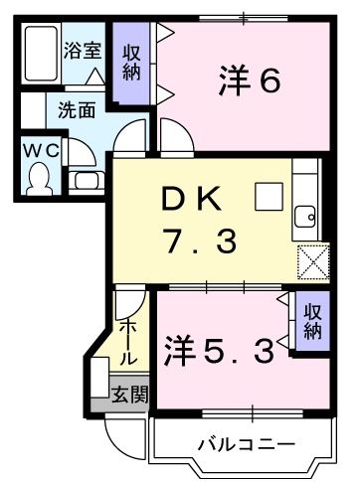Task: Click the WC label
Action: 39,150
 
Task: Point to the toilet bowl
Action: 40,179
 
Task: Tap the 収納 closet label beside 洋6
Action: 131,62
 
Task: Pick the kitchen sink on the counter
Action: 306,216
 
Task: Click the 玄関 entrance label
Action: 129,395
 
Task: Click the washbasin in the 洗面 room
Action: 88,182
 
